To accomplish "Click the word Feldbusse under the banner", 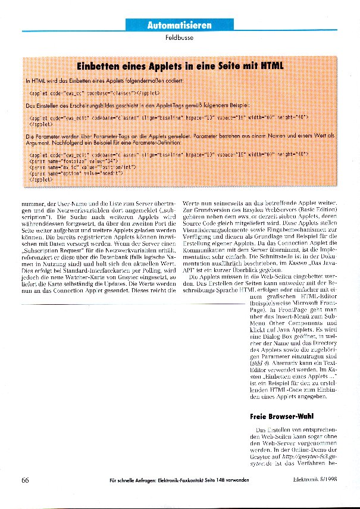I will click(180, 39).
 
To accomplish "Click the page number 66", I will click(25, 480).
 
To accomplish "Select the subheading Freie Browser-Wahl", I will click(281, 417).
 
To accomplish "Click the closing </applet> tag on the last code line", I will click(40, 179).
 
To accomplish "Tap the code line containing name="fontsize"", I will click(71, 161).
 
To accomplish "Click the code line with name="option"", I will click(76, 173).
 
